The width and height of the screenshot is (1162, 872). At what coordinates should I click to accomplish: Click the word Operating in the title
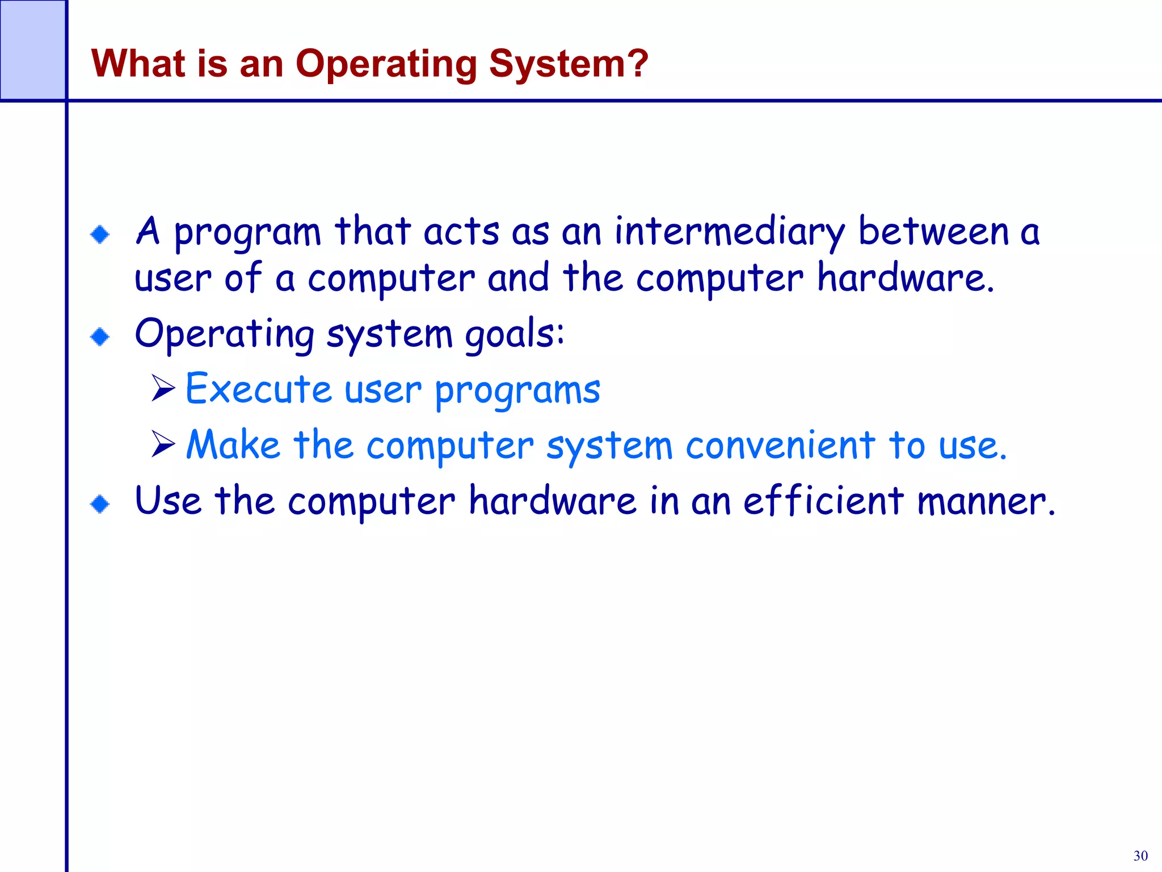coord(386,64)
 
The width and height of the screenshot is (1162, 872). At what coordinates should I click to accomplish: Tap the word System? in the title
coord(569,64)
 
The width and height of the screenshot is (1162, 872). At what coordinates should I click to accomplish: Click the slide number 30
coord(1140,856)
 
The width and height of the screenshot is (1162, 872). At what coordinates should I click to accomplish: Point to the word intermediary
coord(730,233)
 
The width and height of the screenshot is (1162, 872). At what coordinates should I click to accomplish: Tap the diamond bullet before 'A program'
coord(100,234)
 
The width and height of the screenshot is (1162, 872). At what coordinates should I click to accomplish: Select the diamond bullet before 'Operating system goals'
coord(100,337)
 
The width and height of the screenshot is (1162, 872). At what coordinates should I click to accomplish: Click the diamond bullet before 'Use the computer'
coord(100,504)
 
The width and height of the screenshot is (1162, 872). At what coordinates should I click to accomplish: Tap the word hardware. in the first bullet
coord(906,278)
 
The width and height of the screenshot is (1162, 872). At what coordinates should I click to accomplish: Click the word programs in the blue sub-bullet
coord(517,392)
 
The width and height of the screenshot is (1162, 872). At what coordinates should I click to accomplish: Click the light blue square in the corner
coord(32,50)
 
